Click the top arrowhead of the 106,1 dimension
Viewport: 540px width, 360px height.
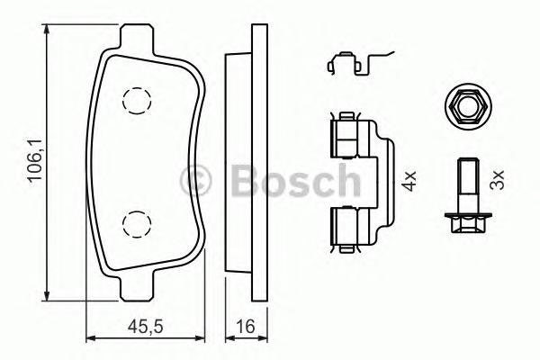coord(46,29)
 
